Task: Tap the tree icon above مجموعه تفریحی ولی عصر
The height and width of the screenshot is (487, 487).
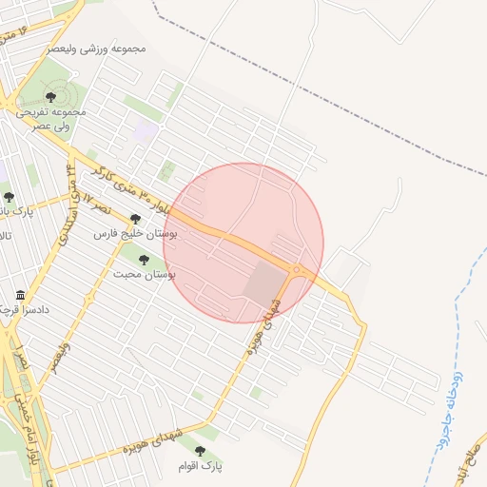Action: tap(50, 96)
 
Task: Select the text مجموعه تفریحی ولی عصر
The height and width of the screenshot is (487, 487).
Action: tap(50, 118)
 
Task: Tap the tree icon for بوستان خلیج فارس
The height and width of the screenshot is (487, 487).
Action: tap(136, 218)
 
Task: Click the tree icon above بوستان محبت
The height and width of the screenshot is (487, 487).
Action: tap(145, 260)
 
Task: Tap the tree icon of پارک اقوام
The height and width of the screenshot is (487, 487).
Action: tap(199, 451)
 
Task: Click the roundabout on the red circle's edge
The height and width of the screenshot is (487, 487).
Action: tap(297, 270)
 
